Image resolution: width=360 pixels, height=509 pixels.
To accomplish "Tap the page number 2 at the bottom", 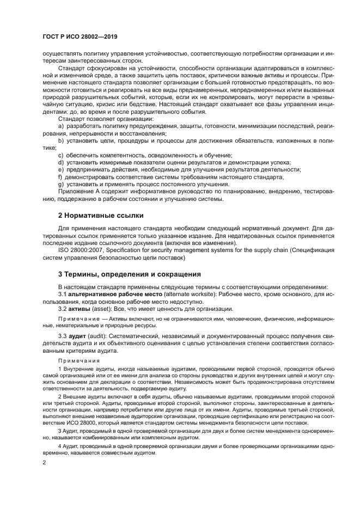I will [44, 462].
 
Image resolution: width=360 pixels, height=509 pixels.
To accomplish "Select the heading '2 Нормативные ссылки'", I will [101, 216].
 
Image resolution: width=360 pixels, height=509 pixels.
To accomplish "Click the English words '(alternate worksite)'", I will [178, 294].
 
